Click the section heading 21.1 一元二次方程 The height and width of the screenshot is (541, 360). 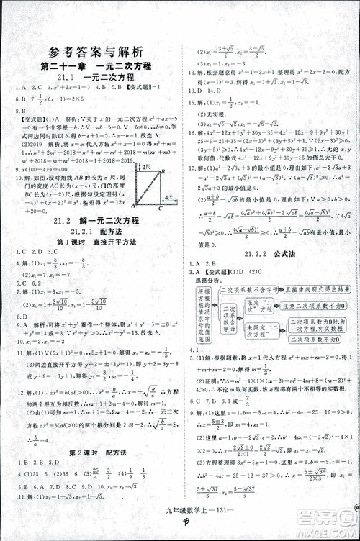click(x=95, y=78)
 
